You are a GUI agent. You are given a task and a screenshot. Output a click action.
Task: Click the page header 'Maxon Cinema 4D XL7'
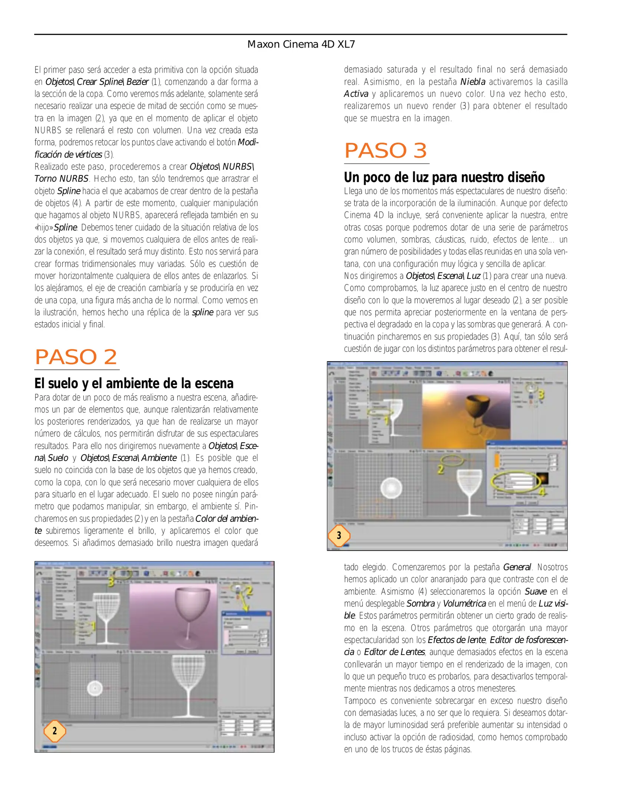click(301, 44)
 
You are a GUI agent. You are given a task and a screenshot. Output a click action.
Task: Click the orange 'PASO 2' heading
click(76, 357)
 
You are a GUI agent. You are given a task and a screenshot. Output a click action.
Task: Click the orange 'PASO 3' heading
click(385, 151)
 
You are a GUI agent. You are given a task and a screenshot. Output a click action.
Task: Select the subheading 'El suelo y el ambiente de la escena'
click(134, 383)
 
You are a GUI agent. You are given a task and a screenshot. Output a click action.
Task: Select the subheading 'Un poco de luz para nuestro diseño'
click(444, 177)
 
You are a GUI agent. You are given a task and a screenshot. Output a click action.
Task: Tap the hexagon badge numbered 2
click(55, 731)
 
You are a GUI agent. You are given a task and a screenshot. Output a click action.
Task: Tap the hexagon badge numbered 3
click(339, 535)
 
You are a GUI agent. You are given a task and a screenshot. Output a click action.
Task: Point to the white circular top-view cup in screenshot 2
click(95, 688)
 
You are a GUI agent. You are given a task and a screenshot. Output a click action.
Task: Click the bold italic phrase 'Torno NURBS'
click(61, 179)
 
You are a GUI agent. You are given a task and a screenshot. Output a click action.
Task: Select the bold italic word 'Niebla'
click(473, 82)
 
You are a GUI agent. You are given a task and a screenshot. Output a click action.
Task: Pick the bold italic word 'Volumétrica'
click(464, 604)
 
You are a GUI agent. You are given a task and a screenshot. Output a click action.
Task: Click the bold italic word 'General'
click(517, 567)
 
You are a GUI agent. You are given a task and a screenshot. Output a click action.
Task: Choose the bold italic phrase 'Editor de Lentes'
click(394, 652)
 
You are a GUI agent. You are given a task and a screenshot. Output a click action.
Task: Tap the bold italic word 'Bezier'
click(138, 82)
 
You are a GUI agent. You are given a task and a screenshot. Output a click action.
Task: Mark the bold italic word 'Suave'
click(535, 591)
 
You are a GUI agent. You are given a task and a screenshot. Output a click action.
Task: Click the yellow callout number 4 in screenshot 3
click(542, 492)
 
